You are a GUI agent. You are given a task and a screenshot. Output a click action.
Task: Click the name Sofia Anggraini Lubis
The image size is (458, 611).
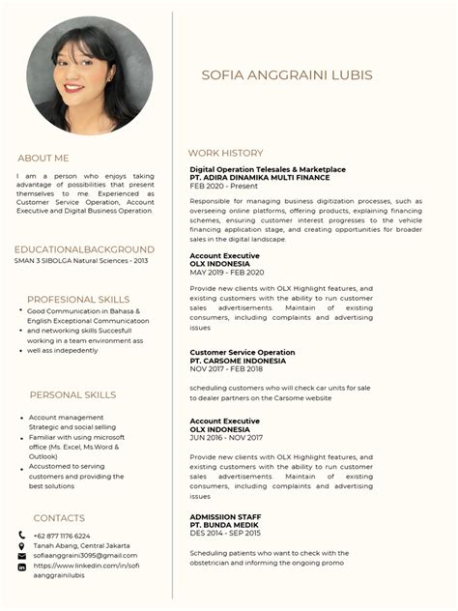click(287, 75)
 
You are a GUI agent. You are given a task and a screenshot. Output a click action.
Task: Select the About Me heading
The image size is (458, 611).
click(43, 158)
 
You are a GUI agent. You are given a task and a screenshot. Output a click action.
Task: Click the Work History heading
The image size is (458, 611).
click(225, 153)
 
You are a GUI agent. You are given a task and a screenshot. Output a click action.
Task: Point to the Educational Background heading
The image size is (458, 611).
click(84, 249)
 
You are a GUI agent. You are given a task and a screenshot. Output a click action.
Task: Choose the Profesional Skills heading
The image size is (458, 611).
click(78, 300)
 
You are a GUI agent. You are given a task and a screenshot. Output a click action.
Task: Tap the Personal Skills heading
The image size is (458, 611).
click(72, 394)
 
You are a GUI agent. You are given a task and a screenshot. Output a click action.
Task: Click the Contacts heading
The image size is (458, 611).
click(59, 518)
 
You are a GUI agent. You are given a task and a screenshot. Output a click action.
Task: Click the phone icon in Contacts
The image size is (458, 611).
click(21, 536)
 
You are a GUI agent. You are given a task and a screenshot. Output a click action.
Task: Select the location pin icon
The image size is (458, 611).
click(21, 546)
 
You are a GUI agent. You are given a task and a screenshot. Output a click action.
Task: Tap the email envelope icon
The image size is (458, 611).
click(21, 556)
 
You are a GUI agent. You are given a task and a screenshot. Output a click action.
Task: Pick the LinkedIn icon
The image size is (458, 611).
click(21, 567)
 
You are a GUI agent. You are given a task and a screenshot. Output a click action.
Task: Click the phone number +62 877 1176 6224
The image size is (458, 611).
click(62, 536)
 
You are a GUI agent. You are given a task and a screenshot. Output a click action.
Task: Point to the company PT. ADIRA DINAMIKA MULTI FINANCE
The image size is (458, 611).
click(260, 178)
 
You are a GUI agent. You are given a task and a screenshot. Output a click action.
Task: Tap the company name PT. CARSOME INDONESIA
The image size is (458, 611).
click(238, 361)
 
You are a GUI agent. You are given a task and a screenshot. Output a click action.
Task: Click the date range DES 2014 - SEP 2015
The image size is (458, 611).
click(225, 533)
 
